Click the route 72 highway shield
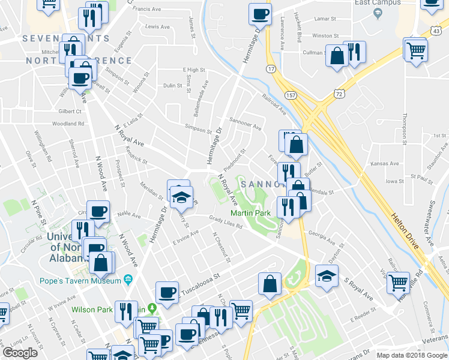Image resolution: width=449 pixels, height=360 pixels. [x=340, y=94]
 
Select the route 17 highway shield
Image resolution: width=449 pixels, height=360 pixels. [x=271, y=70]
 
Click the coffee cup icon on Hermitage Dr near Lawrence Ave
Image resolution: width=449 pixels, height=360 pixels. [x=260, y=14]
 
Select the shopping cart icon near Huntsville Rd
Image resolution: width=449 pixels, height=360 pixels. [x=398, y=282]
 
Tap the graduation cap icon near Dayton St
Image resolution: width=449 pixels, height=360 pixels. [x=327, y=277]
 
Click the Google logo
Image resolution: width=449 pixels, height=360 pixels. [x=20, y=353]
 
